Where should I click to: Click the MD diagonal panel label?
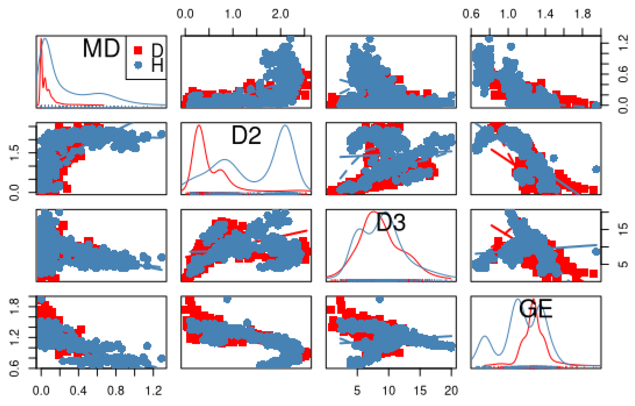[102, 48]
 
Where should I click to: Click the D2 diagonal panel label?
[246, 135]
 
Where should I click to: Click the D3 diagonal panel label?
[391, 222]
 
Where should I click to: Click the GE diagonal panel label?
[536, 309]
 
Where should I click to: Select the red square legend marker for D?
[138, 50]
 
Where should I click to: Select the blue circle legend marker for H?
[138, 65]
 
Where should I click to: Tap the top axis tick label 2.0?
[280, 14]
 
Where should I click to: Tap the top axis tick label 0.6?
[471, 14]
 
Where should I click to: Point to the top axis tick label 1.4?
[545, 14]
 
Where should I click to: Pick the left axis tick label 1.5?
[15, 153]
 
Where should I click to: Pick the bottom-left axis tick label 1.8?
[15, 306]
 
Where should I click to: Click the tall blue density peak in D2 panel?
[285, 126]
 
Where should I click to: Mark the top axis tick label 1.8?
[582, 14]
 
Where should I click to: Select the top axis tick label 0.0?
[185, 14]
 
